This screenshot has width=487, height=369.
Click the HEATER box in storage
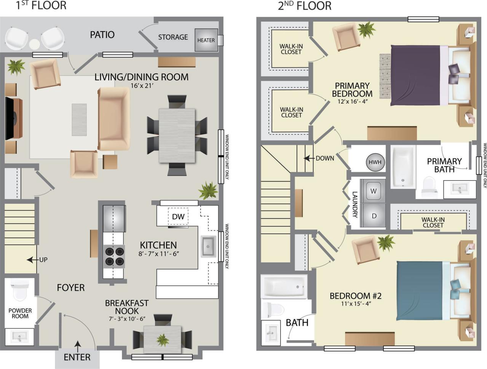(206, 40)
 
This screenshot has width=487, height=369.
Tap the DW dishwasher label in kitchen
(178, 217)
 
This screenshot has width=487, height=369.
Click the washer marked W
(373, 191)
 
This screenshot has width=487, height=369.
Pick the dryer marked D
(374, 216)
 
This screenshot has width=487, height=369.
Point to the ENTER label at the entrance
(77, 357)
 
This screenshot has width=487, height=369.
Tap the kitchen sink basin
(208, 246)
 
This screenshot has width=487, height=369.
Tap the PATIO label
(102, 35)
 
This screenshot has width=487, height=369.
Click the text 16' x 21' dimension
(142, 86)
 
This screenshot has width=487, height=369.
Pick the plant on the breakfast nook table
(163, 339)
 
